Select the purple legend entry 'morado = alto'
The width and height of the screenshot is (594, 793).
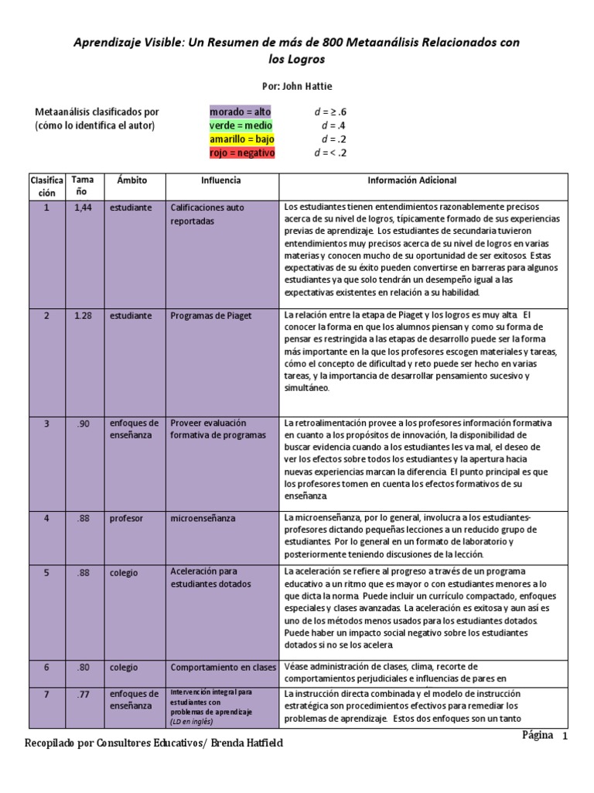click(x=241, y=112)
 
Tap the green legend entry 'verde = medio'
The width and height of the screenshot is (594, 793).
click(x=241, y=125)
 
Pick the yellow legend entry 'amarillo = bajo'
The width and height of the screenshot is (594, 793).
click(x=242, y=139)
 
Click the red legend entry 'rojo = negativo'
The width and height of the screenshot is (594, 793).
click(x=242, y=153)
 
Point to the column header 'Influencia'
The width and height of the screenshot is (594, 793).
click(x=221, y=180)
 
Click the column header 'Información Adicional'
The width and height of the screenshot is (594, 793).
click(x=411, y=180)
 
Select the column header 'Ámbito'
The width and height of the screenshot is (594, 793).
click(x=131, y=180)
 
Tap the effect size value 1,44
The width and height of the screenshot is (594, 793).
click(x=83, y=208)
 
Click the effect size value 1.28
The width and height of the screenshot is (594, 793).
click(x=83, y=316)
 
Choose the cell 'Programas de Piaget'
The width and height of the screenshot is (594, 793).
click(x=211, y=316)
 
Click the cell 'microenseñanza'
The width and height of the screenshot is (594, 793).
click(x=203, y=518)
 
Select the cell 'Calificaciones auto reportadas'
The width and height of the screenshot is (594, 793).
click(x=207, y=214)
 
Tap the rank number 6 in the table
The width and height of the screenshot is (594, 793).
click(x=46, y=667)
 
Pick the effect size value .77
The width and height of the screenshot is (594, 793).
click(x=83, y=694)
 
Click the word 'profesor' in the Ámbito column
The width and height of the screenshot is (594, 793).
click(x=126, y=518)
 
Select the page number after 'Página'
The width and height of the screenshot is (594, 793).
click(x=565, y=736)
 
